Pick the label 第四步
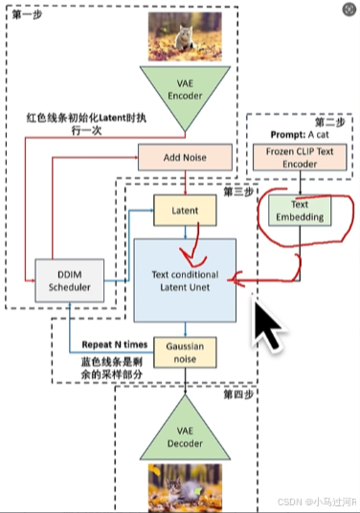(235, 393)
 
